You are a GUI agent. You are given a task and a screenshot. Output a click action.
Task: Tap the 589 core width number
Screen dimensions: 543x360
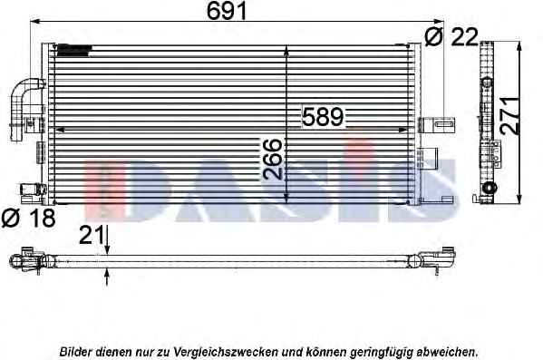coord(323,116)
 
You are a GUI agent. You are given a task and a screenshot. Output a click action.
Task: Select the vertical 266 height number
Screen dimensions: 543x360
coord(273,159)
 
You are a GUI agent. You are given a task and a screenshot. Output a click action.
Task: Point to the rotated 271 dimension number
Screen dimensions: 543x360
coord(510,116)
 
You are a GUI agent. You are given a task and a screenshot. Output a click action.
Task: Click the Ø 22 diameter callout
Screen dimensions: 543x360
coord(451,37)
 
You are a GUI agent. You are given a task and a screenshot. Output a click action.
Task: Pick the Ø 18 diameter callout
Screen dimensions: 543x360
coord(28,218)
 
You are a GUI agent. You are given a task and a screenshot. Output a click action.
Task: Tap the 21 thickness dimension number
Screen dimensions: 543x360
coord(92,235)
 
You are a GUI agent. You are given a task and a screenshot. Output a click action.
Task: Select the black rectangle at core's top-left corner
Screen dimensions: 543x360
coord(73,51)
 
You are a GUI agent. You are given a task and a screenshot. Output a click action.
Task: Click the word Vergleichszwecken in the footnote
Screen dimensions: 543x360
coord(226,352)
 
